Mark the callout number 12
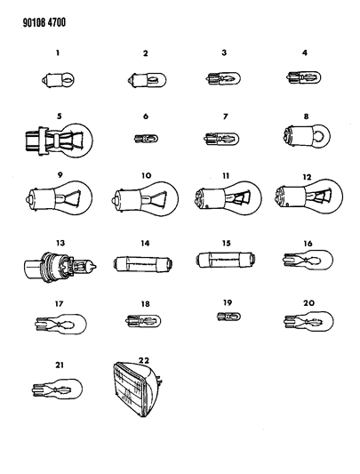tap(308, 176)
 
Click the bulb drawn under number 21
tap(58, 390)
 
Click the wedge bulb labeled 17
tap(60, 323)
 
